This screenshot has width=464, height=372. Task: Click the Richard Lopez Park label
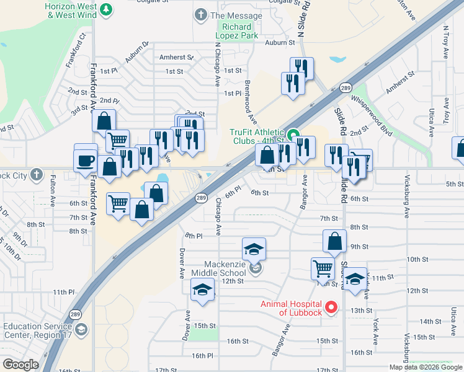pos(237,32)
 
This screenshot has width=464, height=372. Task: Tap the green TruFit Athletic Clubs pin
pos(293,132)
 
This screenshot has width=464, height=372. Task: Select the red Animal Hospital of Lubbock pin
pos(331,306)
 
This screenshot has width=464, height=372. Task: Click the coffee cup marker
pos(86,161)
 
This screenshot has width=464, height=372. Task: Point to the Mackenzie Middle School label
pos(220,268)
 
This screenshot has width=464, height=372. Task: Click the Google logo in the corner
pos(20,365)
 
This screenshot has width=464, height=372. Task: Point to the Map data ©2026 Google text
pos(426,367)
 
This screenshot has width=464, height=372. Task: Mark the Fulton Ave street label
pos(52,188)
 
